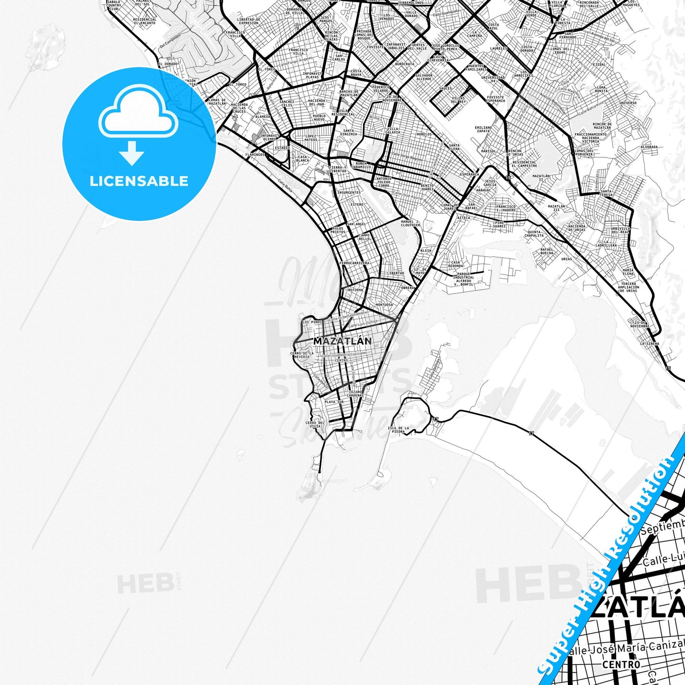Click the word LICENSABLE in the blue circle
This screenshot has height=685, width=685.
pos(139,181)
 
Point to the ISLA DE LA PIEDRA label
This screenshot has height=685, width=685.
pos(398,430)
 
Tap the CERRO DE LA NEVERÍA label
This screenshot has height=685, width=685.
pos(301,355)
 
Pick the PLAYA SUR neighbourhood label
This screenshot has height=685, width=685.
pos(334,402)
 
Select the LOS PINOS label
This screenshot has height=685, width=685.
pos(312,322)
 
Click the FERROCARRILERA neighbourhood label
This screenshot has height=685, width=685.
pos(354,263)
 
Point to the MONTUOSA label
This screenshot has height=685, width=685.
pos(384,305)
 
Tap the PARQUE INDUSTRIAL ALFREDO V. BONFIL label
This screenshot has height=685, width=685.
pos(463,279)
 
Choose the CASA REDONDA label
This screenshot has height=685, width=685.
pos(455,264)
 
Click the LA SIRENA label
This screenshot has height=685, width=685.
pos(649,343)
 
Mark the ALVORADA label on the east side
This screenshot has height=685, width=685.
pos(649,147)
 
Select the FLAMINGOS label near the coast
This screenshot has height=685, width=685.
pos(255,155)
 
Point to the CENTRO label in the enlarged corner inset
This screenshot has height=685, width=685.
pos(621,665)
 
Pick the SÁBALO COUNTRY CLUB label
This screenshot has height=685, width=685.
pos(114,6)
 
